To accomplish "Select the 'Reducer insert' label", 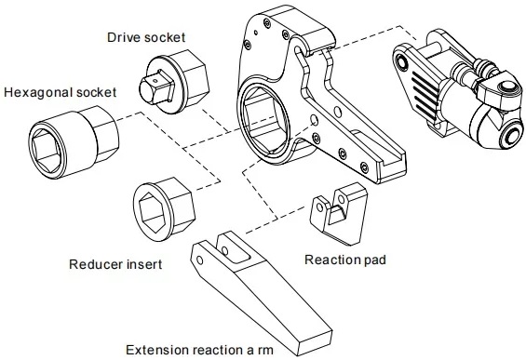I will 116,264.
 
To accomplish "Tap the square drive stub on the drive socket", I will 146,87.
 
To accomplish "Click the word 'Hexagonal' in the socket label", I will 34,93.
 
